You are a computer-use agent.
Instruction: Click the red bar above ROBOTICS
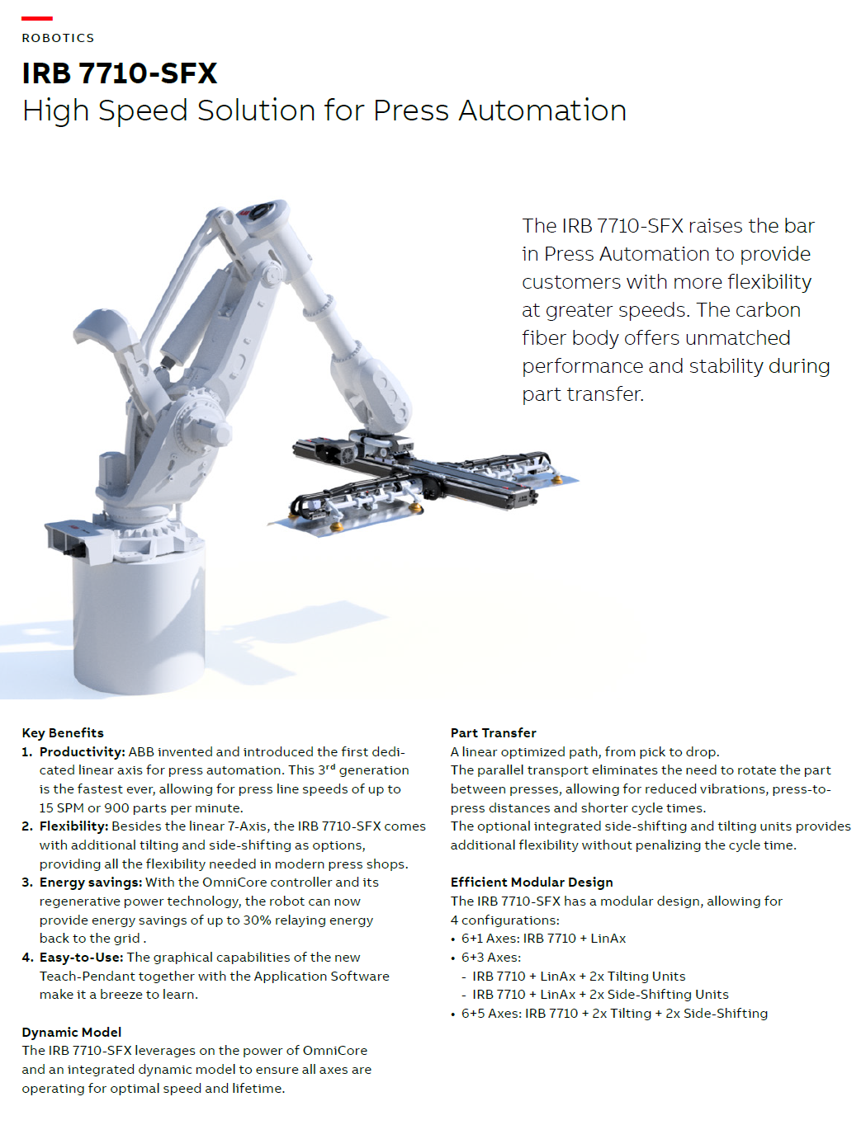click(37, 19)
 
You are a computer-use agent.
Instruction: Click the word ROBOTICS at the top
click(58, 38)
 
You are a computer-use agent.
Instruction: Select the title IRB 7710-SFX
click(120, 73)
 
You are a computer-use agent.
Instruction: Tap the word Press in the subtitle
click(411, 111)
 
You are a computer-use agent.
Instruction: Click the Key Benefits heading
click(63, 733)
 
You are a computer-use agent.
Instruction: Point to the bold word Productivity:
click(83, 752)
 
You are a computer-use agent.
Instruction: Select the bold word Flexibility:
click(74, 826)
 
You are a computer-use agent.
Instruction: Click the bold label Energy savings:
click(91, 883)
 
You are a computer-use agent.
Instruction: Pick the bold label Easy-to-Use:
click(82, 958)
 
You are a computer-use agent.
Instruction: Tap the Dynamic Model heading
click(72, 1033)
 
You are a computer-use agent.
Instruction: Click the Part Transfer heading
click(493, 733)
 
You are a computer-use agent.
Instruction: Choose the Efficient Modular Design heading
click(532, 883)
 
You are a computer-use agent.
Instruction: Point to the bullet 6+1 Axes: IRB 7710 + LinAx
click(543, 939)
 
